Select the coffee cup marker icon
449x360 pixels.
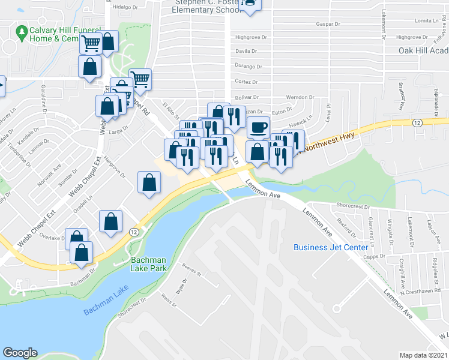pos(258,128)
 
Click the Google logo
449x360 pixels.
pos(20,353)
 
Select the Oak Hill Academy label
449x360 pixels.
pos(423,50)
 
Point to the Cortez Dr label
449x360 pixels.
pos(246,82)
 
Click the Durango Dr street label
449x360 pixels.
pos(249,67)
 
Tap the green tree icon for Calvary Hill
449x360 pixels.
pos(22,30)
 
